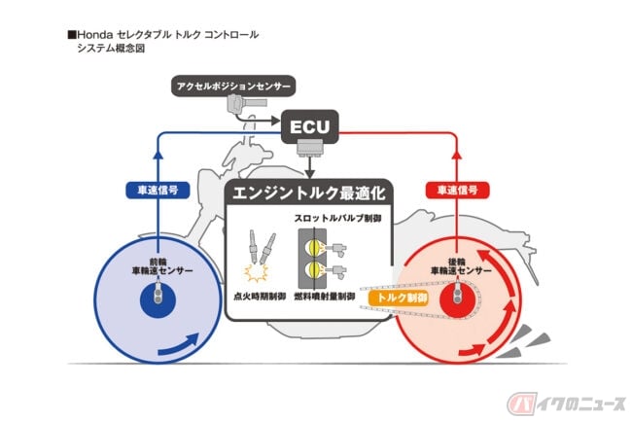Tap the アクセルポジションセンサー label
[x=233, y=87]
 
